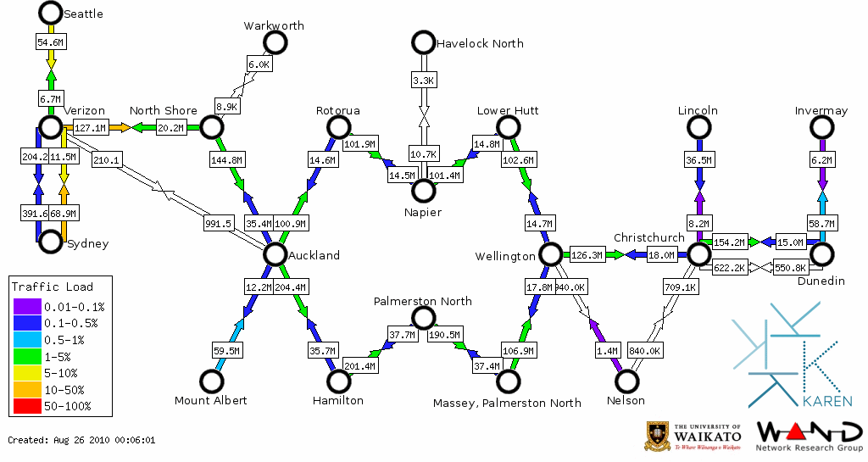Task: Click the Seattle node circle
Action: pyautogui.click(x=51, y=13)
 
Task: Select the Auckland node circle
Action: pyautogui.click(x=275, y=253)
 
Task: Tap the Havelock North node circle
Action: pyautogui.click(x=422, y=42)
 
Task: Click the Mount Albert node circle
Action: pyautogui.click(x=210, y=381)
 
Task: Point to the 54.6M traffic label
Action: pyautogui.click(x=51, y=41)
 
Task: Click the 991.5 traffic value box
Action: pyautogui.click(x=218, y=224)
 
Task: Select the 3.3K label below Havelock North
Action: pyautogui.click(x=423, y=80)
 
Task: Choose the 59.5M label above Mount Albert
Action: pyautogui.click(x=226, y=349)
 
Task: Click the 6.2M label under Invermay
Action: pyautogui.click(x=821, y=159)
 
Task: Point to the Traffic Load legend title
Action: pyautogui.click(x=53, y=287)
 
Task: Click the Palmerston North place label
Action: pyautogui.click(x=423, y=301)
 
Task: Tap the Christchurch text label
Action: pyautogui.click(x=648, y=237)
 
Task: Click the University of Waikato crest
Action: pyautogui.click(x=657, y=436)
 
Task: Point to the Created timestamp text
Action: pyautogui.click(x=82, y=440)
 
